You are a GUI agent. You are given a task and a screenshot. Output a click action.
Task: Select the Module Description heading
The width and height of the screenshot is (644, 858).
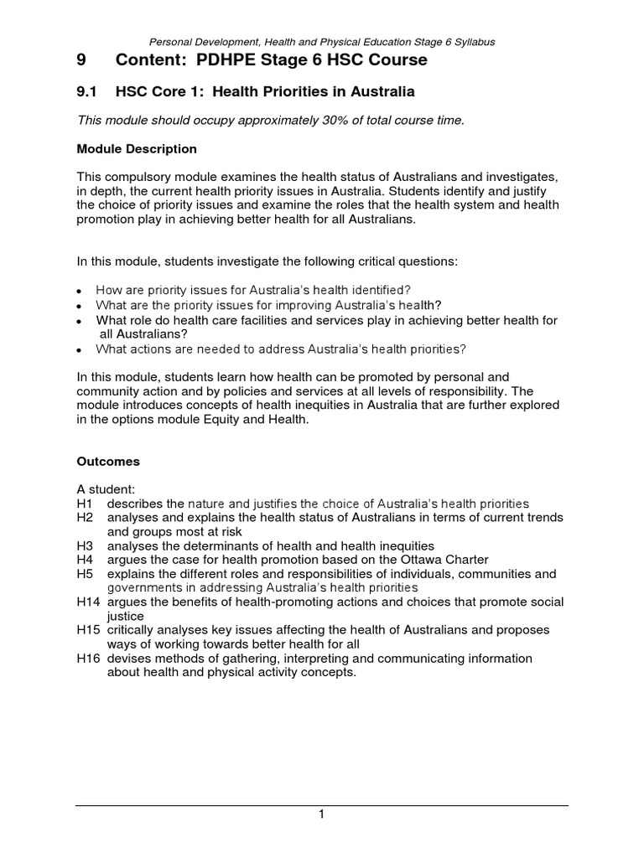tap(137, 149)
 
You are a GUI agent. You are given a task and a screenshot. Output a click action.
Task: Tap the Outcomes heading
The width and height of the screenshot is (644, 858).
tap(108, 462)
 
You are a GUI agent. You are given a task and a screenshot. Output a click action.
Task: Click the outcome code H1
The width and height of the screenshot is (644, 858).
tap(85, 504)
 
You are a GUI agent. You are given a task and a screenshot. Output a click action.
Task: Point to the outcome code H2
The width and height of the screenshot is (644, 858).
tap(85, 518)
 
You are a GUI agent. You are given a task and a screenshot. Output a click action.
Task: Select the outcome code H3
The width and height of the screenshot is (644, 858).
tap(85, 545)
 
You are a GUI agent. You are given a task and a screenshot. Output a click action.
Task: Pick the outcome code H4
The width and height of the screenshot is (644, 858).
tap(85, 560)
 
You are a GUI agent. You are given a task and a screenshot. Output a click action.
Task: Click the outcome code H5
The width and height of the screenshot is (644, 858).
tap(85, 574)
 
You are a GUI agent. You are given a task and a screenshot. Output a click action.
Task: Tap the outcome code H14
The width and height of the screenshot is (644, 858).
tap(88, 602)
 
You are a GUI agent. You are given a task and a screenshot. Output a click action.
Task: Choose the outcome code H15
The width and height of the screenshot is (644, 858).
tap(88, 630)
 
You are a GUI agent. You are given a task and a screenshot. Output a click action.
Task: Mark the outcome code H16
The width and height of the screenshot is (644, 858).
tap(88, 659)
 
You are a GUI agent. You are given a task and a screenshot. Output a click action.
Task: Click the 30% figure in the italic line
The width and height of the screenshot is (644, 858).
tap(298, 121)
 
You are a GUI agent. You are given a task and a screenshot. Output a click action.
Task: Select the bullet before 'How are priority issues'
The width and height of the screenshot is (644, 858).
tap(79, 291)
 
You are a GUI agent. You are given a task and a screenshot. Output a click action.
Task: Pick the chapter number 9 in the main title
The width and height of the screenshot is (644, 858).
tap(81, 61)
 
